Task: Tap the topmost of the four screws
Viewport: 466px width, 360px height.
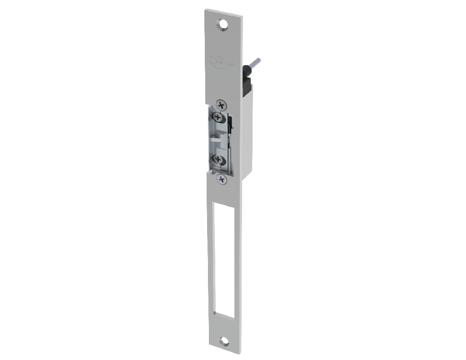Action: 221,105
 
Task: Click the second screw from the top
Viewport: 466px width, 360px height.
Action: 218,118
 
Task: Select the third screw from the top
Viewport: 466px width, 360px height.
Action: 218,160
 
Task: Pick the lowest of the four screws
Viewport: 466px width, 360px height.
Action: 222,179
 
